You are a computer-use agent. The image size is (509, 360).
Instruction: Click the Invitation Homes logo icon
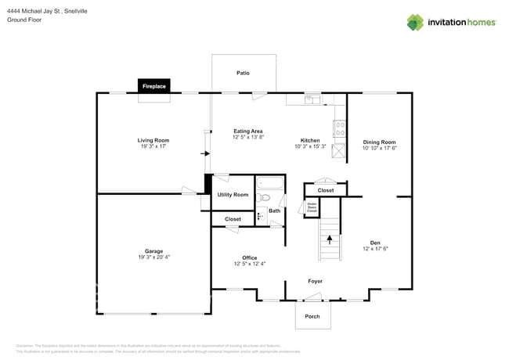tap(414, 22)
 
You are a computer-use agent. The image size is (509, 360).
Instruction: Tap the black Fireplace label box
tap(153, 86)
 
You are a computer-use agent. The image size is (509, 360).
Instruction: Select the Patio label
tap(244, 73)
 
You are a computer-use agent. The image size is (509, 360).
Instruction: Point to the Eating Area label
tap(247, 131)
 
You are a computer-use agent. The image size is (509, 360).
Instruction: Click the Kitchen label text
tap(310, 140)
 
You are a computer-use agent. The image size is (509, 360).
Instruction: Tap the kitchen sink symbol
tap(312, 99)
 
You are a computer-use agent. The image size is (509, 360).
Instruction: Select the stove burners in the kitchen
tap(339, 128)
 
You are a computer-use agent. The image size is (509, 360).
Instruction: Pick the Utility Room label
tap(233, 194)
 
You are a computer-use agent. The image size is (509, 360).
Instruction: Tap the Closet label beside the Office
tap(233, 219)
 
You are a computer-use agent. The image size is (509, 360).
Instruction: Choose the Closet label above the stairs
tap(325, 190)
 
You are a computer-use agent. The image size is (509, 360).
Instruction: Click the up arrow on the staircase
tap(330, 238)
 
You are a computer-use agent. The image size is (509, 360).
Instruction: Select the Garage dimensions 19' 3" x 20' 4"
tap(153, 257)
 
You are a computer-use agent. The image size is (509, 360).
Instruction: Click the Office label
tap(249, 257)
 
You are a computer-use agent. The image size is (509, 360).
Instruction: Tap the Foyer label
tap(315, 281)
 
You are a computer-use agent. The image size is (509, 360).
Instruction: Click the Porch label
tap(312, 317)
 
